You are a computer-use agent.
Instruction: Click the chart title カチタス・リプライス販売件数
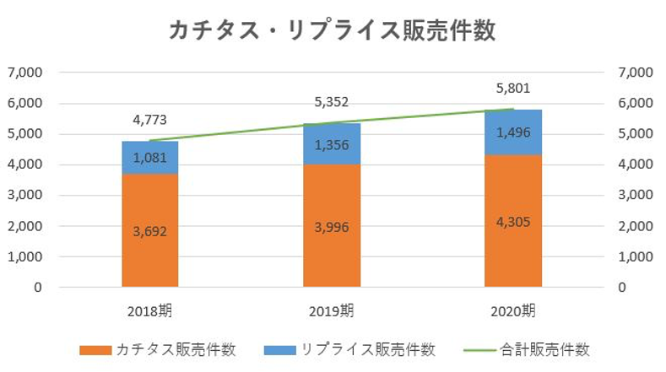click(x=332, y=30)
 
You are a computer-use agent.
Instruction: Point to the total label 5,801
click(x=513, y=88)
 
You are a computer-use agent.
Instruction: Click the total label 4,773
click(x=150, y=119)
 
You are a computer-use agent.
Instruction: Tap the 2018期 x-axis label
click(x=150, y=310)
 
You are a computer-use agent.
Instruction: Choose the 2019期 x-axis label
click(x=332, y=310)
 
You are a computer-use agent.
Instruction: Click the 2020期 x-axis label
click(x=513, y=310)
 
